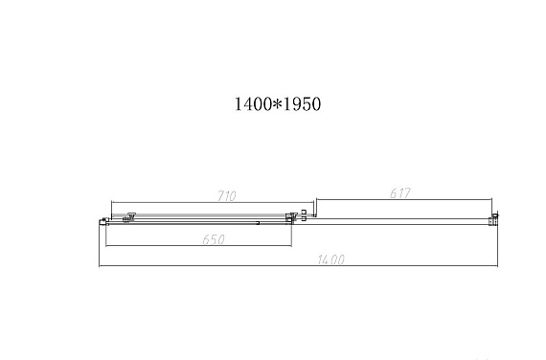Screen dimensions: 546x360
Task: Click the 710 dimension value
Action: tap(227, 196)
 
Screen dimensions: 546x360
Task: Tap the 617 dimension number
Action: tap(400, 193)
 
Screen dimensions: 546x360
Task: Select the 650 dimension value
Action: tap(214, 239)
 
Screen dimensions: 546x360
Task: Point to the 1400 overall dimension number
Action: tap(331, 259)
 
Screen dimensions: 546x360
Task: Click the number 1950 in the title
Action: tap(302, 104)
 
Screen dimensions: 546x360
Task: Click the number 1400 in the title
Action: tap(253, 104)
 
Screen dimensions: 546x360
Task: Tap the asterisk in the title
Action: tap(277, 103)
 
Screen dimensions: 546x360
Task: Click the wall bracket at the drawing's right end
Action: tap(493, 219)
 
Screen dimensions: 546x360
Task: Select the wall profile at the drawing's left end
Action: tap(103, 222)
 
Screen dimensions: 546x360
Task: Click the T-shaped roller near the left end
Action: tap(130, 217)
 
